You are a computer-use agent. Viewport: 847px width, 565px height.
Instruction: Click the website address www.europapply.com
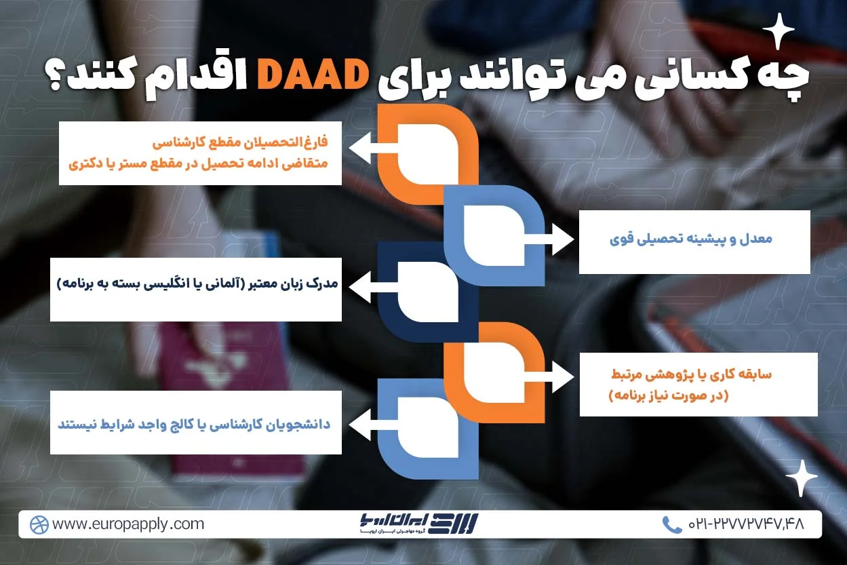tap(127, 524)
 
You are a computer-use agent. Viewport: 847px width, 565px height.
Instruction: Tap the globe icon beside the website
tap(39, 524)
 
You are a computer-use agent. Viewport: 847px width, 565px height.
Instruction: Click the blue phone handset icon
tap(671, 524)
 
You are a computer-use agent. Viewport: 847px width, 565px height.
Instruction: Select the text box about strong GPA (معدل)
tap(694, 241)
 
